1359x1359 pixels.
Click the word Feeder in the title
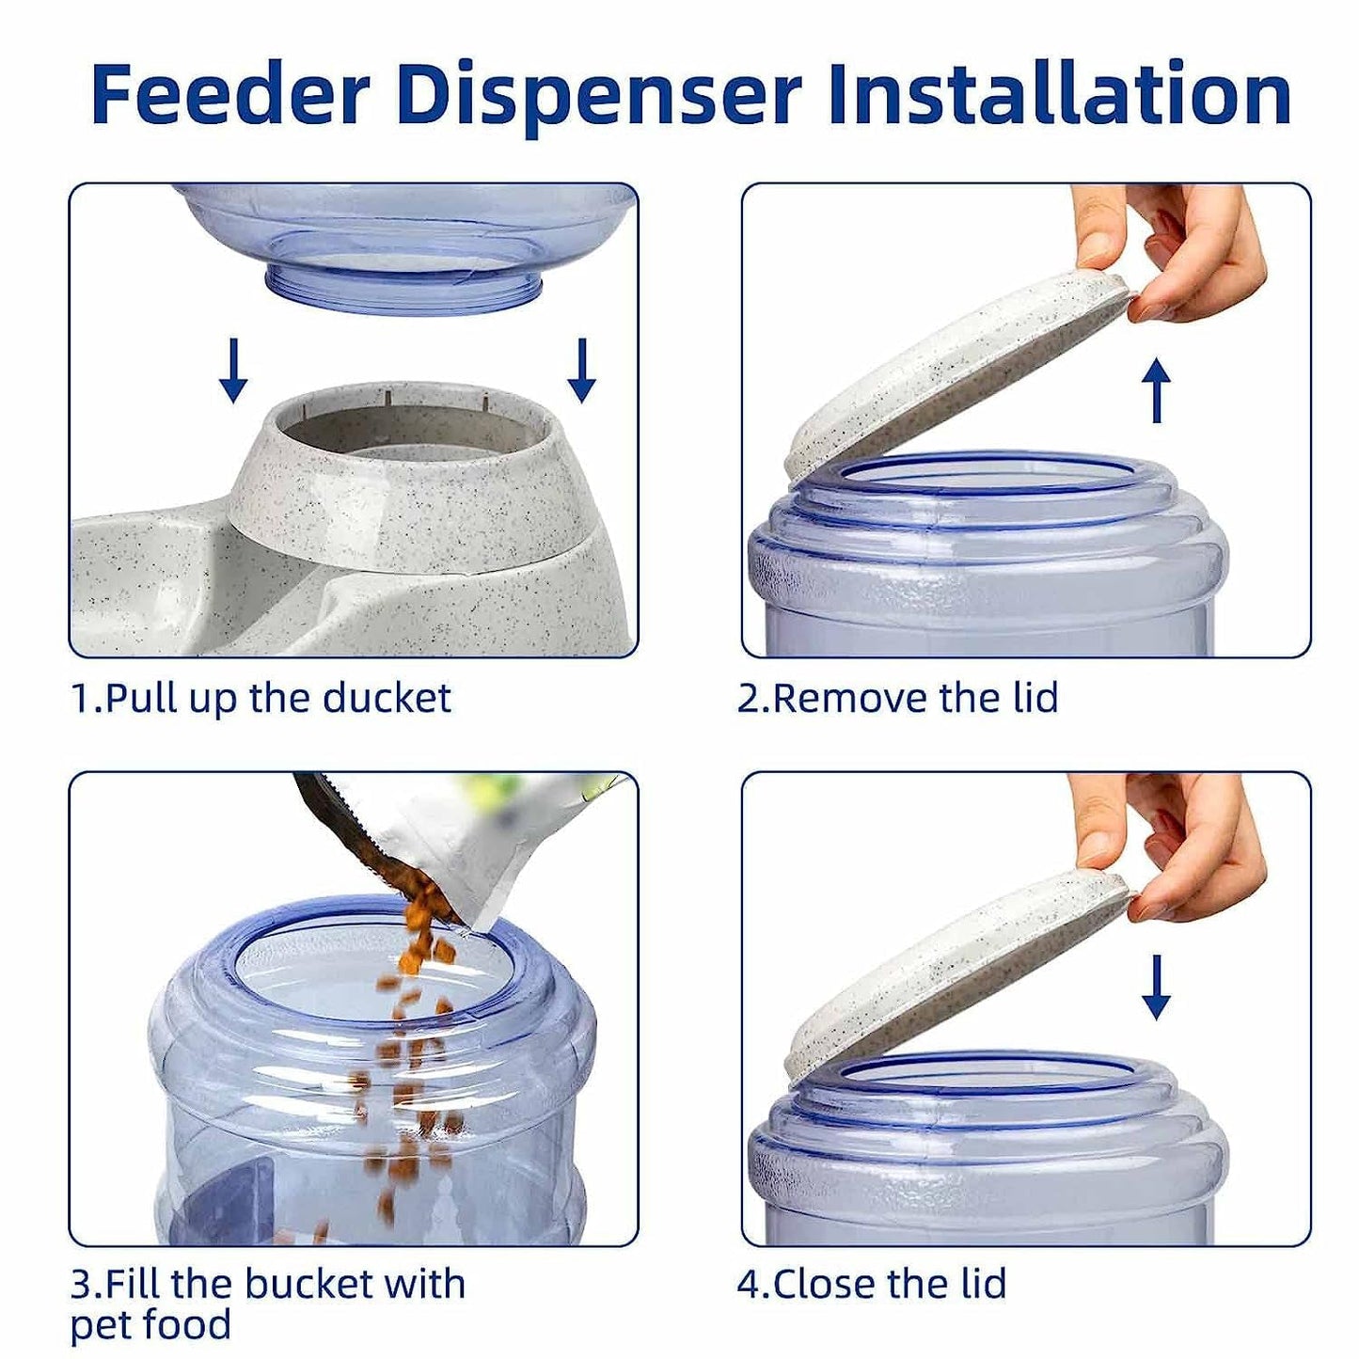pyautogui.click(x=229, y=94)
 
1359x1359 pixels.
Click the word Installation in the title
pyautogui.click(x=1059, y=94)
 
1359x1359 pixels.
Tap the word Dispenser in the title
pyautogui.click(x=598, y=94)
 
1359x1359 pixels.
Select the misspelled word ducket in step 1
pyautogui.click(x=387, y=699)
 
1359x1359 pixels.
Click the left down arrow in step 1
pyautogui.click(x=233, y=371)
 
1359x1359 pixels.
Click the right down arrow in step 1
pyautogui.click(x=581, y=371)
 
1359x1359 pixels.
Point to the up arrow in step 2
pyautogui.click(x=1156, y=390)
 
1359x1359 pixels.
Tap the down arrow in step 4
pyautogui.click(x=1156, y=987)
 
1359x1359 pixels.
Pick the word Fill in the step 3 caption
pyautogui.click(x=132, y=1284)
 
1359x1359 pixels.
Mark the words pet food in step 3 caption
pyautogui.click(x=150, y=1325)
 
